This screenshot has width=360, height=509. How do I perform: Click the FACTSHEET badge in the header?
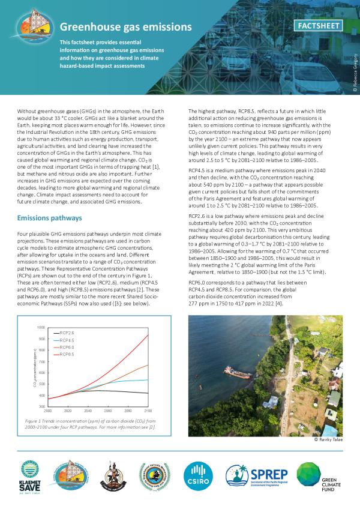pos(320,26)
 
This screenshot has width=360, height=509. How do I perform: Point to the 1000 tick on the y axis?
pos(41,328)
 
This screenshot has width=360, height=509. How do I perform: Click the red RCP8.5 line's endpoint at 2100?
pos(148,335)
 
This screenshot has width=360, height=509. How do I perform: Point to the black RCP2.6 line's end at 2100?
pos(148,393)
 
